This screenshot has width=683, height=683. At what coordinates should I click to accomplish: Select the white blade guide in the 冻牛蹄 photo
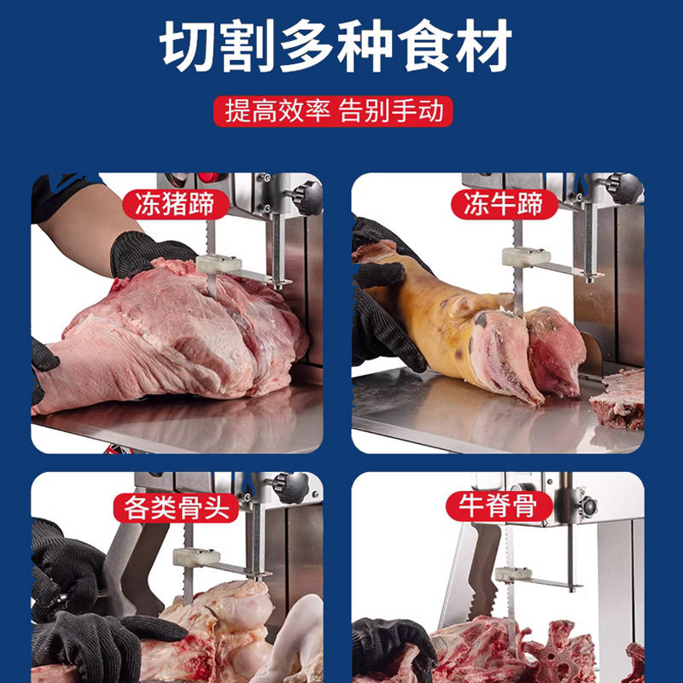coord(524,257)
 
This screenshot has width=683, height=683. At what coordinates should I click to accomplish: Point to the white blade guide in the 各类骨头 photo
coord(196,557)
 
